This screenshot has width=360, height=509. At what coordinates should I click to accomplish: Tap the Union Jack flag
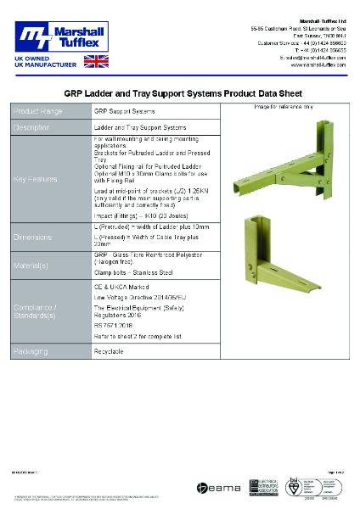96,60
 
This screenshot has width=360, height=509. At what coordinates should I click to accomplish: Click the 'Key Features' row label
36,180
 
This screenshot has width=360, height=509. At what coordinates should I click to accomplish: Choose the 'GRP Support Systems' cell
124,112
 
